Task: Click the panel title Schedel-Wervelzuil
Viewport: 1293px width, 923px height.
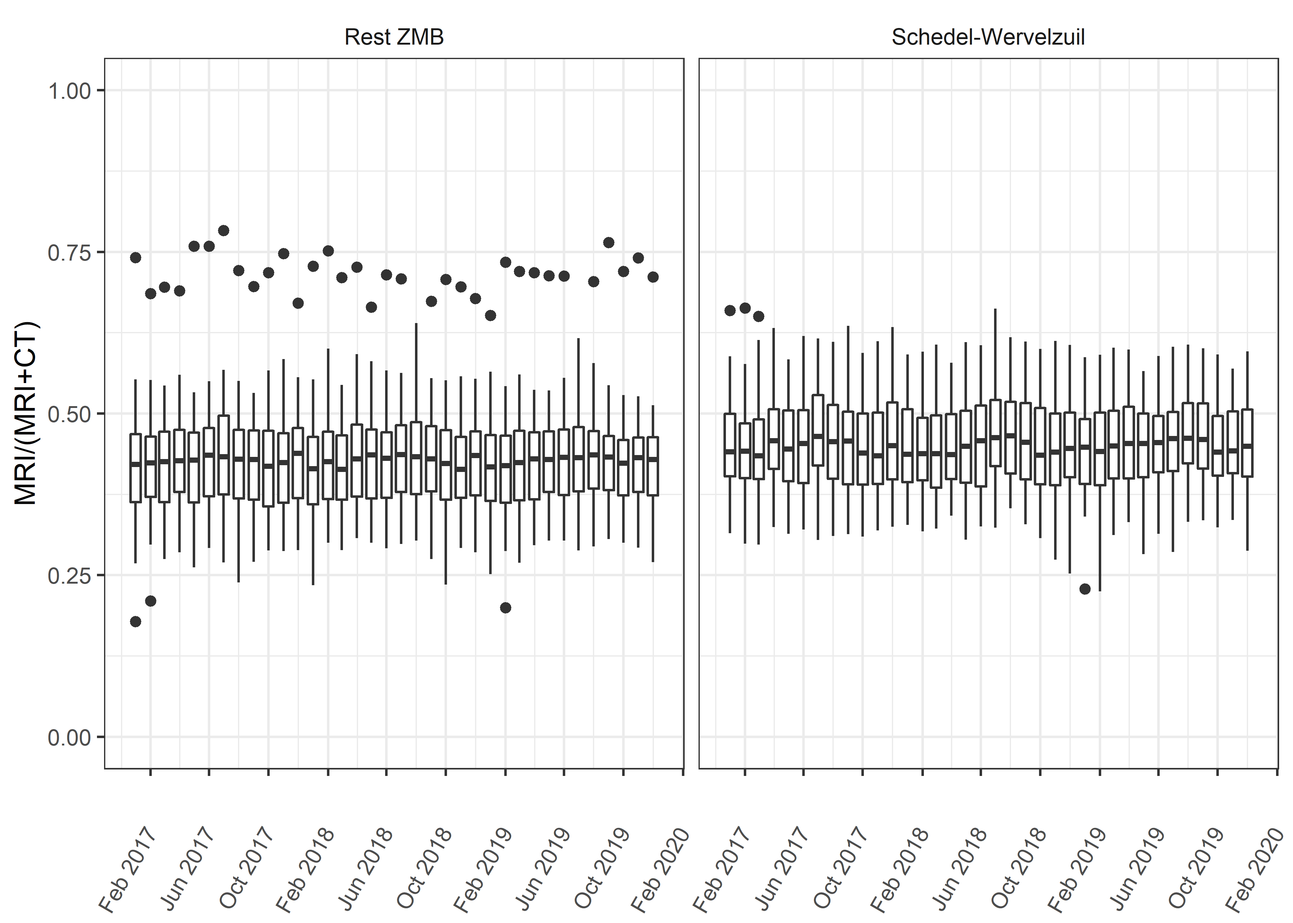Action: tap(988, 38)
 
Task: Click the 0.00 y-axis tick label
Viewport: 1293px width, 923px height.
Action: tap(69, 738)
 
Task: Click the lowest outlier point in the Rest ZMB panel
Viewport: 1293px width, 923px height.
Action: tap(135, 621)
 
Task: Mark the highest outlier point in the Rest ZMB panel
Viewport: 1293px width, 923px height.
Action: tap(224, 230)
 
